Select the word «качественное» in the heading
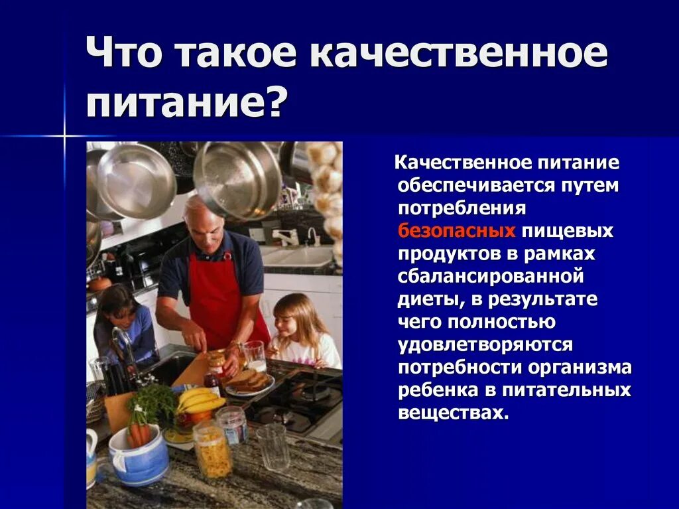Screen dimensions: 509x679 (458, 55)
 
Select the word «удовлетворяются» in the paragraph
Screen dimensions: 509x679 (485, 344)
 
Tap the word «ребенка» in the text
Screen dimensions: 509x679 (434, 390)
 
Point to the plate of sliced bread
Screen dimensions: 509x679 (249, 382)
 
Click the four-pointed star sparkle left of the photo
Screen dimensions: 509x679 (64, 136)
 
